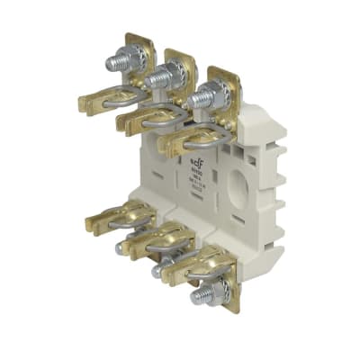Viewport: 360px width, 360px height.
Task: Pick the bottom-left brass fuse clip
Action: pyautogui.click(x=117, y=216)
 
